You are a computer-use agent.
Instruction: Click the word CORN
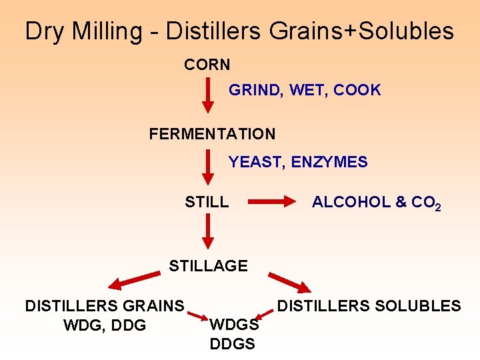[x=207, y=65]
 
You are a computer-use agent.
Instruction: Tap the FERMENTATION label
[x=212, y=134]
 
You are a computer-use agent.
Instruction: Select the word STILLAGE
[x=208, y=266]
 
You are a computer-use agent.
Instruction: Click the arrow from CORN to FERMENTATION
[x=208, y=97]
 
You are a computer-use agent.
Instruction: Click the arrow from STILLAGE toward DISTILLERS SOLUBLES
[x=289, y=282]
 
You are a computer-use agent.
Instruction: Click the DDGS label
[x=232, y=344]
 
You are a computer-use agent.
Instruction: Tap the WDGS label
[x=234, y=325]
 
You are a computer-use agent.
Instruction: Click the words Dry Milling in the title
[x=84, y=31]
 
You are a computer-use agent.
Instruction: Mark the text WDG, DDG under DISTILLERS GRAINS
[x=104, y=325]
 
